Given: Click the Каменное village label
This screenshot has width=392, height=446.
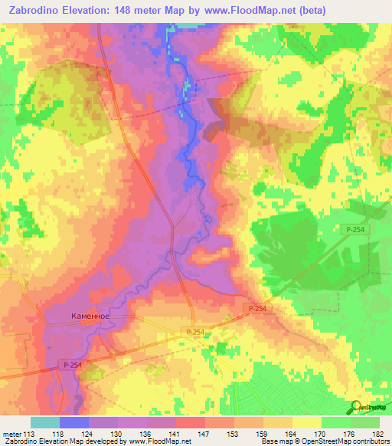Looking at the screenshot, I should [90, 315].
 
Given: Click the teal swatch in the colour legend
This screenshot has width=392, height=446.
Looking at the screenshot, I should [45, 422].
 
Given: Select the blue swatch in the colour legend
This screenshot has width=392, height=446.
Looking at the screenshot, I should [74, 422].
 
